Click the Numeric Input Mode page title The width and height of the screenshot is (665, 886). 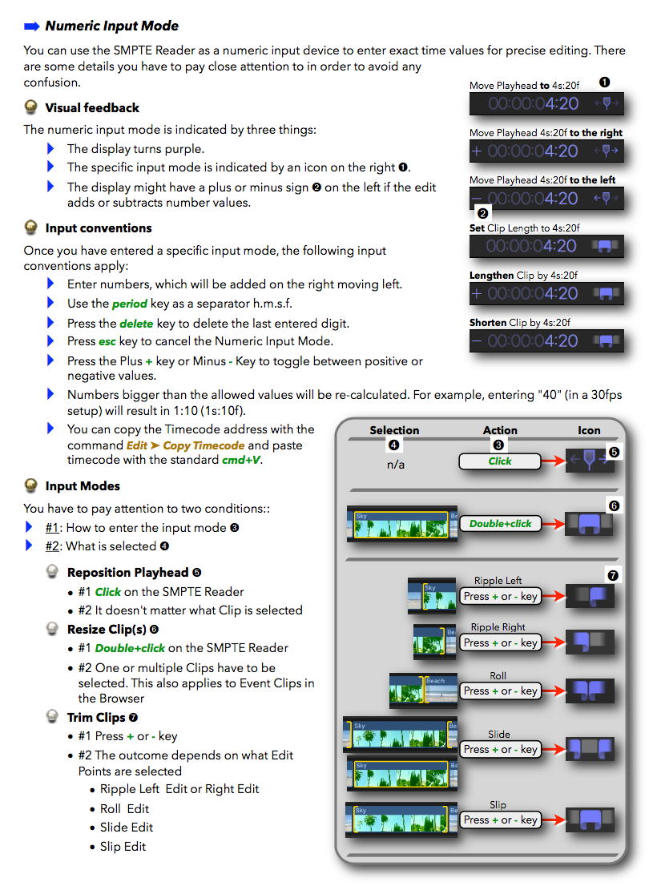tap(111, 26)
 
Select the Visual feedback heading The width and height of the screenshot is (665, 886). tap(92, 108)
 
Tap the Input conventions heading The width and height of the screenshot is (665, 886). tap(99, 228)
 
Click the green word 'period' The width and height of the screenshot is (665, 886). tap(130, 304)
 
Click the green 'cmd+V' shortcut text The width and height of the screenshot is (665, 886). tap(242, 460)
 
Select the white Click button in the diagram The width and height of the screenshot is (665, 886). tap(500, 461)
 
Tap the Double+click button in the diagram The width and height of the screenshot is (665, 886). tap(500, 523)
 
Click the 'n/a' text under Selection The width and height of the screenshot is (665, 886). tap(395, 465)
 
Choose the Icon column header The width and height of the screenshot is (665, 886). tap(589, 430)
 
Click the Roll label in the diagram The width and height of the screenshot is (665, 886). tap(498, 676)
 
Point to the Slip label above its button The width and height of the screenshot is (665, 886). tap(498, 804)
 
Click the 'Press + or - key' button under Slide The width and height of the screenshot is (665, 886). tap(500, 750)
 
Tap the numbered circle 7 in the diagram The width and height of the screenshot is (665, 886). tap(614, 575)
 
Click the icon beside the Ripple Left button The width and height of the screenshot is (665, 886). tap(590, 596)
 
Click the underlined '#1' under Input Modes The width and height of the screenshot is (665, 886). tap(53, 527)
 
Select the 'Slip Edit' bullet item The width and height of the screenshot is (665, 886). tap(123, 847)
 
